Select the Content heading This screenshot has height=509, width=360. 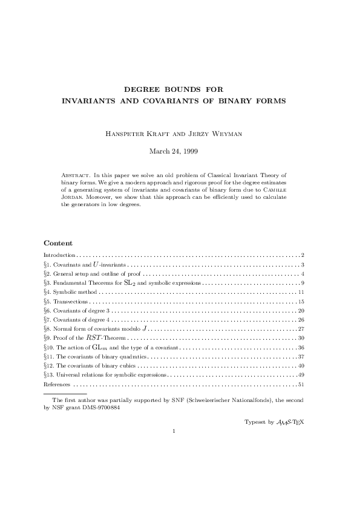[58, 242]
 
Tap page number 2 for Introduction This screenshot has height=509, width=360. [302, 256]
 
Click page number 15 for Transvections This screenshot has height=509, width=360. [301, 300]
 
